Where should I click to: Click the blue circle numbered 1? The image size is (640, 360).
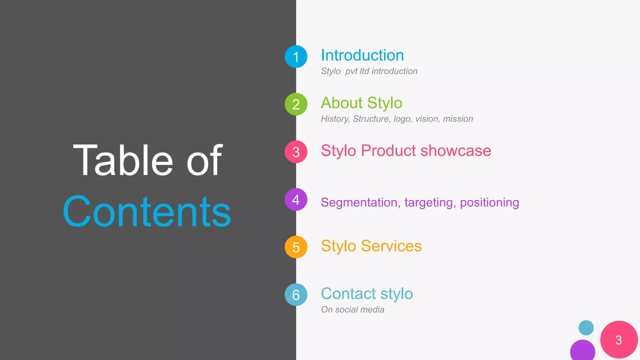[x=296, y=57]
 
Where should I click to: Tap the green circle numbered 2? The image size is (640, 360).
[x=296, y=104]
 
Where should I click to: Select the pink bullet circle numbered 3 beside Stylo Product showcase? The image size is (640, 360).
[x=296, y=152]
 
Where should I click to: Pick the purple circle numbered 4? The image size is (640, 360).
[x=296, y=199]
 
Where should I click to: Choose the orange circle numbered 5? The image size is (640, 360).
[x=296, y=247]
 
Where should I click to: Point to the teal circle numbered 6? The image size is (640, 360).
[x=296, y=295]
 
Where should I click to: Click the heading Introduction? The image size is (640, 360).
[x=362, y=55]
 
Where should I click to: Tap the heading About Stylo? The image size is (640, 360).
[x=361, y=103]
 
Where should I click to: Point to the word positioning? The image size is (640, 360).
[x=489, y=202]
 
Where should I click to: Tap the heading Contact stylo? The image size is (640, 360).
[x=367, y=294]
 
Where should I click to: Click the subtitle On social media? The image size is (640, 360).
[x=352, y=309]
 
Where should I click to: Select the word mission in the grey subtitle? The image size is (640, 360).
[x=458, y=119]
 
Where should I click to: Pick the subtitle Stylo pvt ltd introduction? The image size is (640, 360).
[x=369, y=71]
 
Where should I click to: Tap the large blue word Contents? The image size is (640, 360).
[x=147, y=212]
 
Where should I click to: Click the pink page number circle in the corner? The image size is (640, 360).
[x=619, y=340]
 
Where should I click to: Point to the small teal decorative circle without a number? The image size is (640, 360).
[x=586, y=327]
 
